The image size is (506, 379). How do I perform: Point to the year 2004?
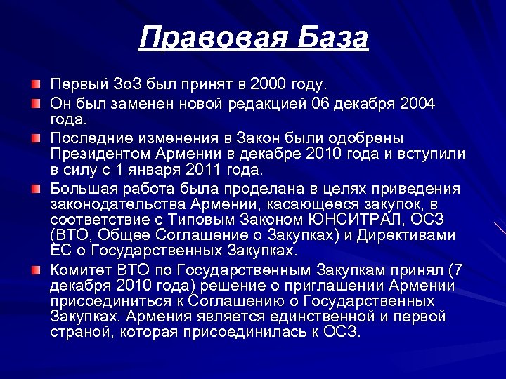[x=418, y=104]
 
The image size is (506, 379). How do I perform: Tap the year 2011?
[x=184, y=170]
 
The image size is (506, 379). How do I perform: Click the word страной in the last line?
[x=75, y=332]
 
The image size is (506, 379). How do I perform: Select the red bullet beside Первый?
[x=35, y=85]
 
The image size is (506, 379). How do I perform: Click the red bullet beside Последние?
[x=35, y=137]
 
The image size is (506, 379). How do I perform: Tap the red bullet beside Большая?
[x=35, y=188]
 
